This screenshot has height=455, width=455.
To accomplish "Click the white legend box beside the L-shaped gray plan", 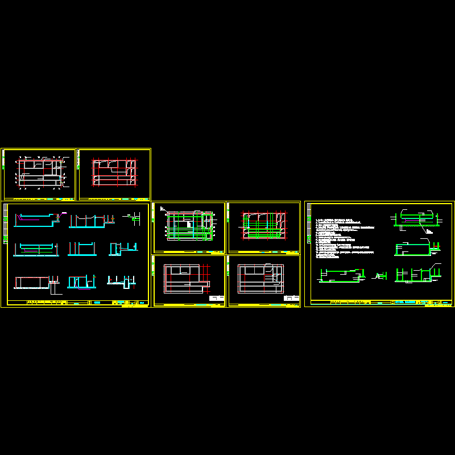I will [217, 297].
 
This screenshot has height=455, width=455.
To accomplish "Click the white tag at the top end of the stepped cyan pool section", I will [64, 213].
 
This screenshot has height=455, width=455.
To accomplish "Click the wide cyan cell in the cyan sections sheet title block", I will [97, 303].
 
